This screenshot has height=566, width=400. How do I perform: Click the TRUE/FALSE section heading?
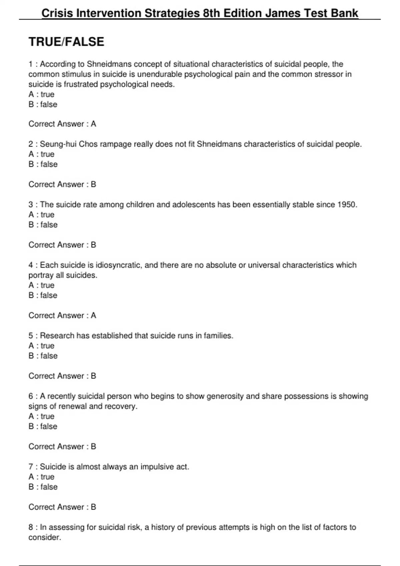(x=66, y=42)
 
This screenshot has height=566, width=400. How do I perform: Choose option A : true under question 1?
(x=41, y=94)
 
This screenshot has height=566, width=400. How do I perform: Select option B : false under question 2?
(x=43, y=164)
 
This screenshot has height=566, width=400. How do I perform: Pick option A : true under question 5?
(x=41, y=346)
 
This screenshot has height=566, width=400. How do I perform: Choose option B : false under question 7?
(x=43, y=487)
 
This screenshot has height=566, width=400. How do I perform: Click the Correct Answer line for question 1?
(x=62, y=124)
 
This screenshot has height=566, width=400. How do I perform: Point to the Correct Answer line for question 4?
(x=62, y=315)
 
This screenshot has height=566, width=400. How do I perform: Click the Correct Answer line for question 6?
(x=62, y=446)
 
